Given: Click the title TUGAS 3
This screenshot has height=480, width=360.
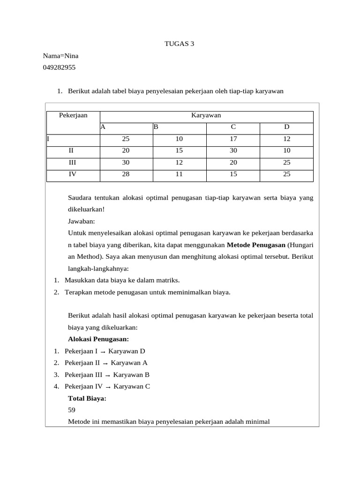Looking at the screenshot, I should pos(179,44).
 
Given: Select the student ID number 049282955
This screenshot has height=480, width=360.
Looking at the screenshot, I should pos(59,67).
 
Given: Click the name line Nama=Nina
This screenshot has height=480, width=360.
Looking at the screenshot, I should pos(60,56).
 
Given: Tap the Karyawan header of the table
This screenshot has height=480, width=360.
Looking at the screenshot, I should pos(206,115).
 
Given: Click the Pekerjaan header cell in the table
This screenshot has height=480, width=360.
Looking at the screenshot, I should pos(73,115).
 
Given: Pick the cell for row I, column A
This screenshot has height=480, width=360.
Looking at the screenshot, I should pos(126,139).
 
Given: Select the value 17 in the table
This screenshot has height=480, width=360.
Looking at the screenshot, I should pos(233,139).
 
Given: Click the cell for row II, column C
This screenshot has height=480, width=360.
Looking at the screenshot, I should pos(233,151).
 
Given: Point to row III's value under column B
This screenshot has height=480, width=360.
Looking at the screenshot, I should pos(179,163).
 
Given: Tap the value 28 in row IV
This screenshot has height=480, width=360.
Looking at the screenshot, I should pos(126,174).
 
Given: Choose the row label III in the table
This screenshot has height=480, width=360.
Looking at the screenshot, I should pos(73,163).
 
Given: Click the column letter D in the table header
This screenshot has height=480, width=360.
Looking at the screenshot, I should pos(287,127).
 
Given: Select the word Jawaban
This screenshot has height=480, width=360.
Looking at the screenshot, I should pos(82,220).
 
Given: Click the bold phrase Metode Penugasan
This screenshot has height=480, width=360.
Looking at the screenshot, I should pos(256,245).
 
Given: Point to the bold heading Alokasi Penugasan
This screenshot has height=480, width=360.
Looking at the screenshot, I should pos(98,339).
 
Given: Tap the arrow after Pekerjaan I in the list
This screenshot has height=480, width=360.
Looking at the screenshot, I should pos(103,352).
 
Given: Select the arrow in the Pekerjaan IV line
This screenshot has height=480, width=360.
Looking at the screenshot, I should pos(108,387).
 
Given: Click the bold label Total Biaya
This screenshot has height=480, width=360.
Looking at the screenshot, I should pos(87,398).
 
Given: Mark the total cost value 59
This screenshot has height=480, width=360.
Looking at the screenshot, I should pos(72,410).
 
